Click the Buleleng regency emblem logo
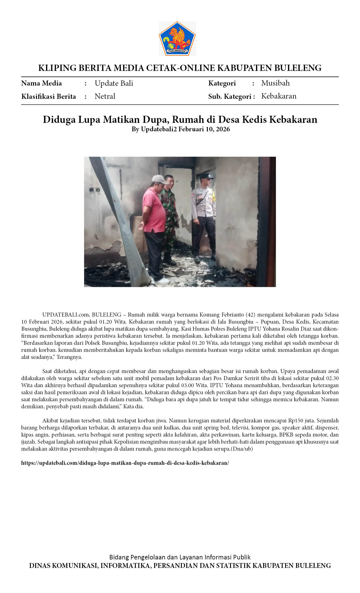[x=177, y=38]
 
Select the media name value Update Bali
[x=114, y=83]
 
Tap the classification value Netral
[x=105, y=96]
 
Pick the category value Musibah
[x=275, y=83]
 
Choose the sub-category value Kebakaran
[x=279, y=96]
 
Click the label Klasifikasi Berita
[x=49, y=97]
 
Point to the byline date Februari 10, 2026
[x=204, y=129]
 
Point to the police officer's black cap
[x=206, y=176]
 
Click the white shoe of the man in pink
[x=162, y=281]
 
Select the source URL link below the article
[x=125, y=463]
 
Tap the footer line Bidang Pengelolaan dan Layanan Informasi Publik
[x=180, y=557]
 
